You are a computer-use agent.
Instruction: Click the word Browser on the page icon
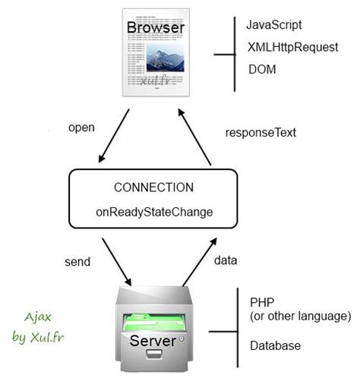[155, 28]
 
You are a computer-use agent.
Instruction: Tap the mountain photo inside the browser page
[165, 58]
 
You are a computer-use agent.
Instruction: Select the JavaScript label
[274, 25]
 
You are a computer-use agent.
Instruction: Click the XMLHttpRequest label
[292, 47]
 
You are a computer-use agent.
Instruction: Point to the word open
[81, 127]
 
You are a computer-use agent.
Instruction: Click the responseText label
[261, 132]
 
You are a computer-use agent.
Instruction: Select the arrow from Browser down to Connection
[114, 137]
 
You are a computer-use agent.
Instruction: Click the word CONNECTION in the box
[153, 187]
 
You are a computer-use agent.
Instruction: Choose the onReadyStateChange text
[153, 212]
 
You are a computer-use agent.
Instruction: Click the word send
[77, 262]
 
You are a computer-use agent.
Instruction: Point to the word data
[226, 260]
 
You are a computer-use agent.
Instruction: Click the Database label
[275, 345]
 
